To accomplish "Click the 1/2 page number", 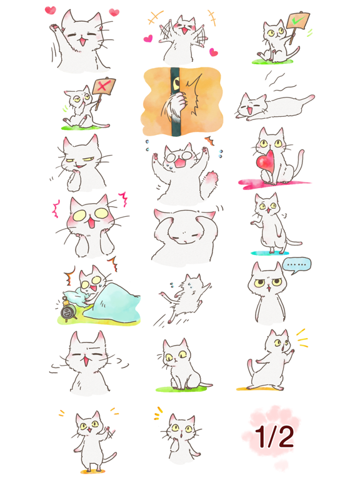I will click(274, 437).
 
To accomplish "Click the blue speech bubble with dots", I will click(297, 265).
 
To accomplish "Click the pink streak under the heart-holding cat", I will click(275, 183).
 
